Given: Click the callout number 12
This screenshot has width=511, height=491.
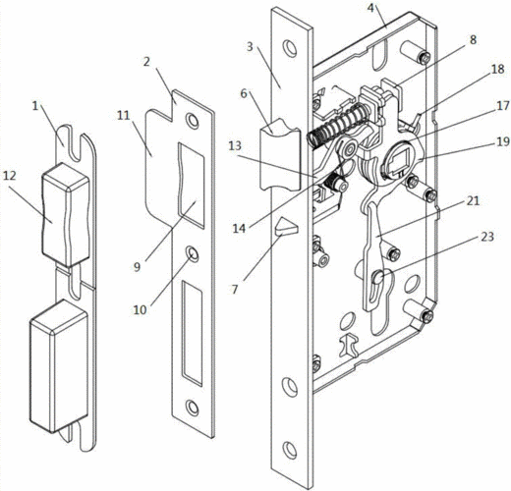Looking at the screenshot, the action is click(x=10, y=176).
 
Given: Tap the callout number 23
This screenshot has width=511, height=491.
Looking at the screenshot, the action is click(x=487, y=237).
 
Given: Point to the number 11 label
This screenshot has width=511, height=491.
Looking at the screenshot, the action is click(x=124, y=116).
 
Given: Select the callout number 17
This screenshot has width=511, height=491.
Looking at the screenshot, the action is click(x=503, y=105).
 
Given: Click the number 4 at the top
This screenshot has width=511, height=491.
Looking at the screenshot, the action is click(x=370, y=8).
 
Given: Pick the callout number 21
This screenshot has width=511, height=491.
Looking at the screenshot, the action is click(x=473, y=201).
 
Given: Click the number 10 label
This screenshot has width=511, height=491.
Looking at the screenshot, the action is click(x=140, y=309).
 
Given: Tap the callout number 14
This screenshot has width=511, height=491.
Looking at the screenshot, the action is click(x=239, y=228).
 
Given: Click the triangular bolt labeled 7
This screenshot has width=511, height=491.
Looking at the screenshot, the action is click(x=286, y=228).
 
